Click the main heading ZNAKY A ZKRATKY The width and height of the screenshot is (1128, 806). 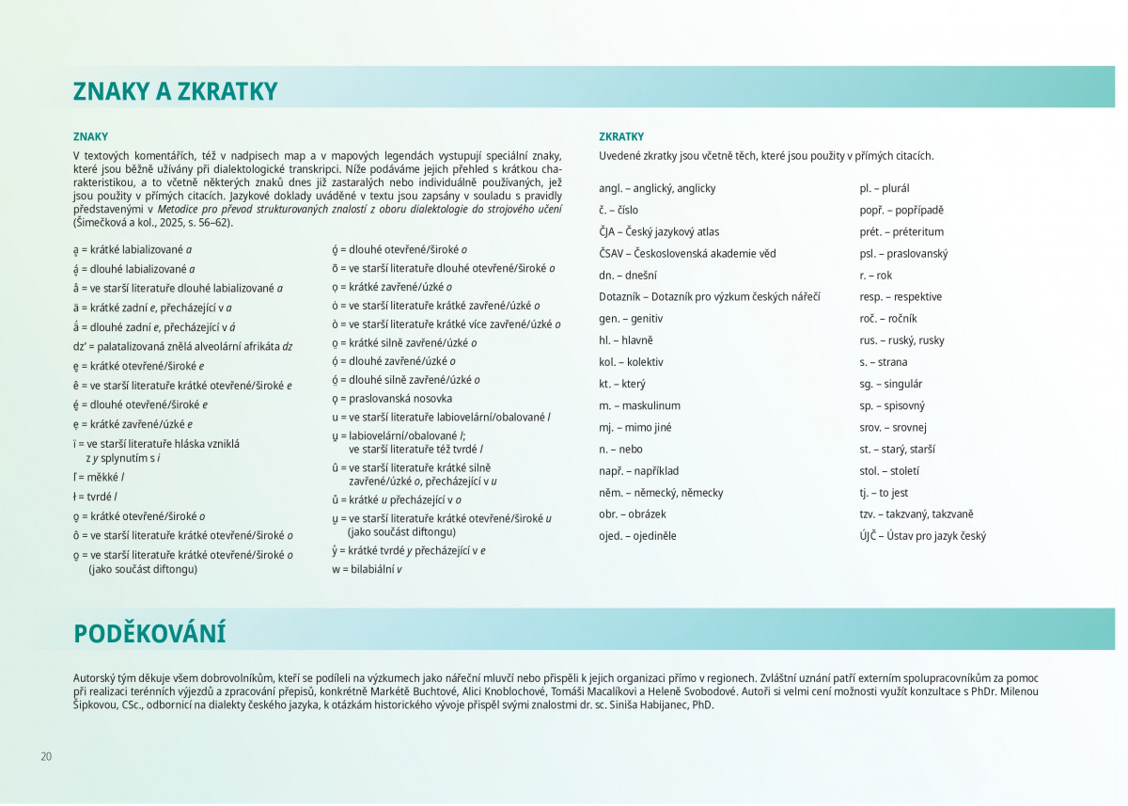[x=176, y=91]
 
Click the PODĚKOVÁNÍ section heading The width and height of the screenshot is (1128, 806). [x=149, y=633]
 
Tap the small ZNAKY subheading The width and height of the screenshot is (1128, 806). [x=90, y=136]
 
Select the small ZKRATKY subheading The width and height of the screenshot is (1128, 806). [x=621, y=136]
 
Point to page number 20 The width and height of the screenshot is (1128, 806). [x=46, y=756]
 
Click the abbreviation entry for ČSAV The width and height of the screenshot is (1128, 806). [x=687, y=253]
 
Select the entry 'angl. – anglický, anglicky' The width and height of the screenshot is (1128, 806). [x=657, y=188]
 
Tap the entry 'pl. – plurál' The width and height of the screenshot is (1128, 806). [x=885, y=188]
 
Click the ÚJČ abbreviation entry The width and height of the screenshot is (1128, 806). [x=922, y=536]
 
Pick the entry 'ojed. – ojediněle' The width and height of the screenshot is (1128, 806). [x=637, y=536]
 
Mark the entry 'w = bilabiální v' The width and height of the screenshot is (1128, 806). [x=367, y=569]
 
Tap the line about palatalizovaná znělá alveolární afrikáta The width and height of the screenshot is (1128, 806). [x=182, y=346]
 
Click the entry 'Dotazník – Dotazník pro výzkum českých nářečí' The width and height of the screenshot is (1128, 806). [x=709, y=296]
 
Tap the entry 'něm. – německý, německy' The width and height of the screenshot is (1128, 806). [x=661, y=493]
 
